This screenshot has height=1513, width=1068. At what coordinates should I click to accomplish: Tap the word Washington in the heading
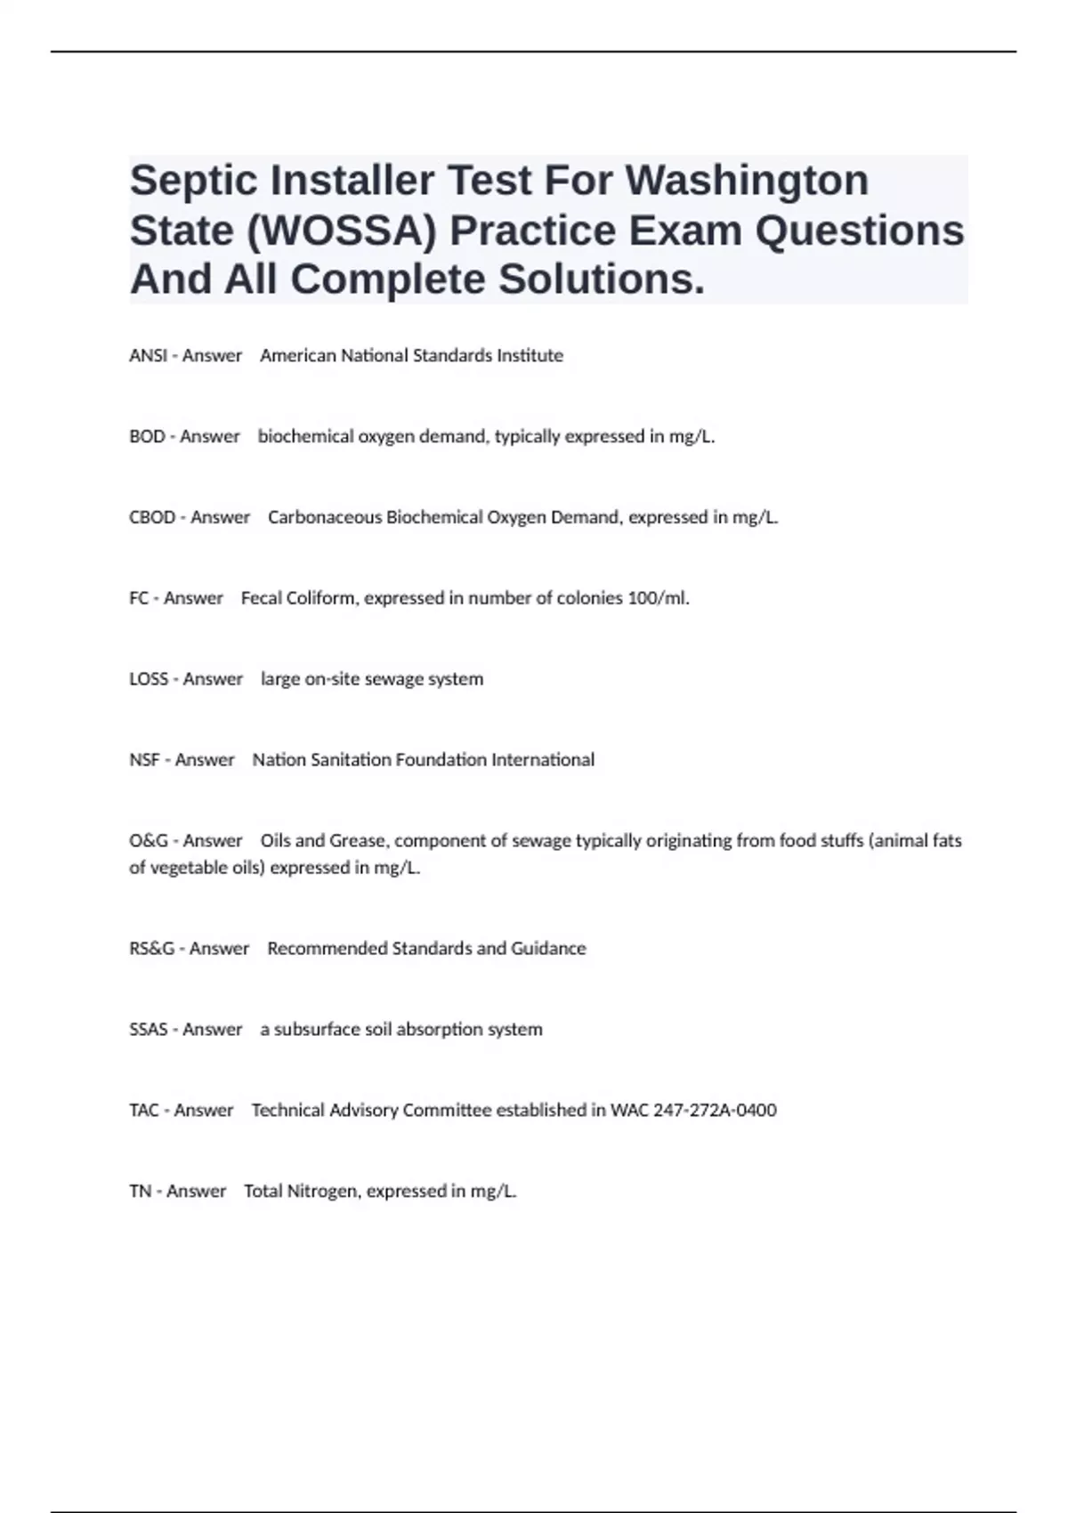[747, 180]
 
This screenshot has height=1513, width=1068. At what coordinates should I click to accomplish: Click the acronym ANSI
[148, 356]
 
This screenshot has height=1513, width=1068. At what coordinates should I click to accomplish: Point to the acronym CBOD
[152, 518]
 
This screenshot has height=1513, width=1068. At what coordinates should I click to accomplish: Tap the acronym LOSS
[149, 679]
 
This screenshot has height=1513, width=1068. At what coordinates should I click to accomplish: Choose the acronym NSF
[144, 760]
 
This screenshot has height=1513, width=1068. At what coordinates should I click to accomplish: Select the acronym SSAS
[148, 1030]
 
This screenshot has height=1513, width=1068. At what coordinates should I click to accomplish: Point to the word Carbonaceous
[325, 518]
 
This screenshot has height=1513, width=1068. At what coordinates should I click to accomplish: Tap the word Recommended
[327, 949]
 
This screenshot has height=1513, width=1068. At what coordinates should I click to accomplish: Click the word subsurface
[317, 1030]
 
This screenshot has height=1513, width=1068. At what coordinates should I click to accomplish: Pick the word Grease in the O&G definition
[359, 841]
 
